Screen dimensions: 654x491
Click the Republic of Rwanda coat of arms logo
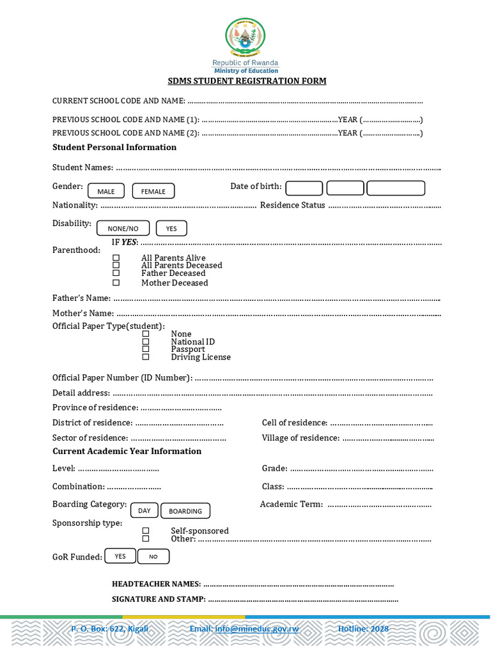pos(245,37)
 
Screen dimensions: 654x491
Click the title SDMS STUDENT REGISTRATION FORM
pos(247,81)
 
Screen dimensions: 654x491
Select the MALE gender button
pos(106,191)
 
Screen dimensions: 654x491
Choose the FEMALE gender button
pos(153,191)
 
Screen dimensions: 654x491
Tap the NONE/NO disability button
pos(123,228)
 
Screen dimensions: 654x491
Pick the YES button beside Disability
pos(171,228)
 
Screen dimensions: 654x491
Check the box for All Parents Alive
pos(116,258)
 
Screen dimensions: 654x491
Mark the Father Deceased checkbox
pos(116,273)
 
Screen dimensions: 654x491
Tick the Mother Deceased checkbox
pos(116,282)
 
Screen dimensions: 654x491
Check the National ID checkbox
pos(146,342)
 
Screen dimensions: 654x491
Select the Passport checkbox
pos(146,349)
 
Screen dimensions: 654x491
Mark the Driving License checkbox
pos(146,357)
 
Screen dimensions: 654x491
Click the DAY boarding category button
pos(144,510)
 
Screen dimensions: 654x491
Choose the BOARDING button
pos(185,511)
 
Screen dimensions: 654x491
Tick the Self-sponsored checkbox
pos(146,531)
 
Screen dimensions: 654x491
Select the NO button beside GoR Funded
pos(153,556)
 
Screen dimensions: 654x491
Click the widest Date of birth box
pos(396,188)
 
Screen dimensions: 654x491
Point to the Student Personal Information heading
pos(114,148)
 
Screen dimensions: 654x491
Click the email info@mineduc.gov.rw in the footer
pos(244,629)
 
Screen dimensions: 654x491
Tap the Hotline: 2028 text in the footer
pos(363,629)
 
